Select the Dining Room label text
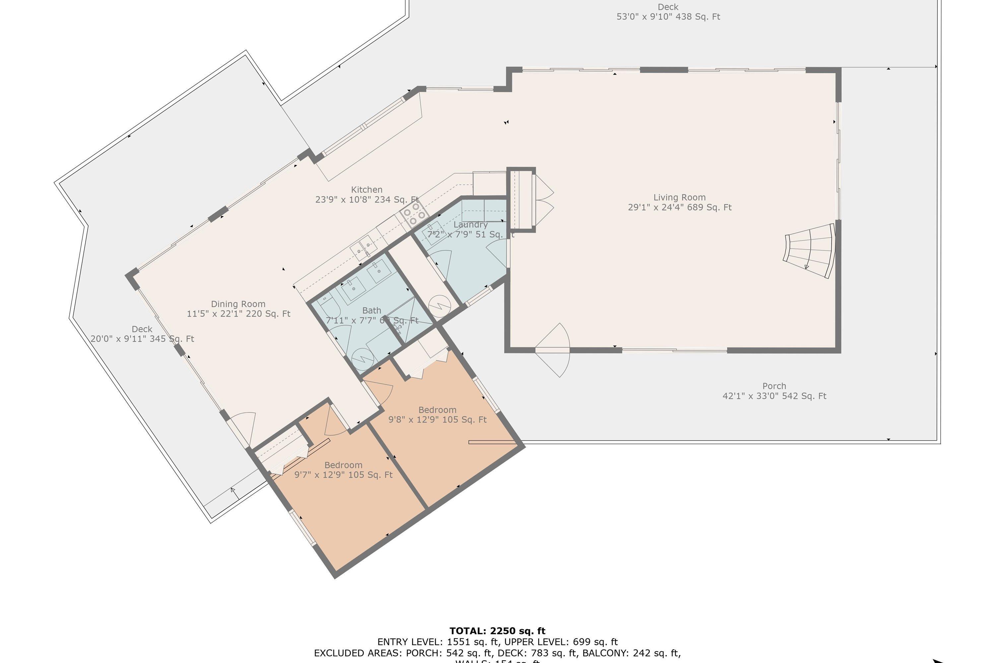pos(238,304)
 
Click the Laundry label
pos(470,224)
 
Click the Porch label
pos(774,386)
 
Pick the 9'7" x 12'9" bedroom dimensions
pos(344,475)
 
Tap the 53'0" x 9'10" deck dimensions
pos(668,17)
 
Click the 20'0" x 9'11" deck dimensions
pos(142,339)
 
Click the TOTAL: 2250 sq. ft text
pos(497,631)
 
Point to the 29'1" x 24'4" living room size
pos(679,208)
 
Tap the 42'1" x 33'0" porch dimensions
pos(774,396)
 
